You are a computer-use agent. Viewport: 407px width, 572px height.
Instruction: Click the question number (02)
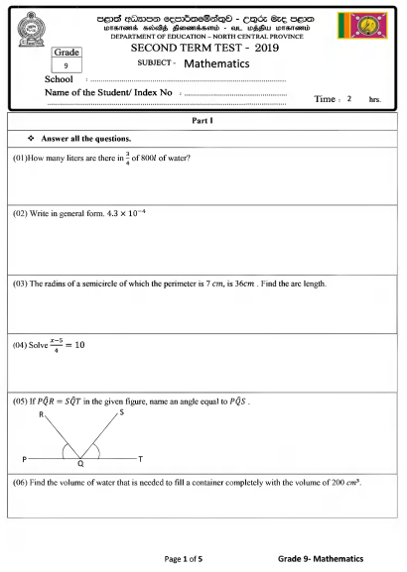pos(21,213)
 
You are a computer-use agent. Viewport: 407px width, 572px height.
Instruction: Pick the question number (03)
pos(21,284)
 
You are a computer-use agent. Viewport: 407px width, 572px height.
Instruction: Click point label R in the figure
pos(41,414)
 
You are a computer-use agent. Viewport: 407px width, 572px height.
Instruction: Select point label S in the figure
pos(120,411)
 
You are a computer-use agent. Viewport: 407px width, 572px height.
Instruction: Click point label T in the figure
pos(140,459)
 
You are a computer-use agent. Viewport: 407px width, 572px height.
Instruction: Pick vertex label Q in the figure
pos(80,465)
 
